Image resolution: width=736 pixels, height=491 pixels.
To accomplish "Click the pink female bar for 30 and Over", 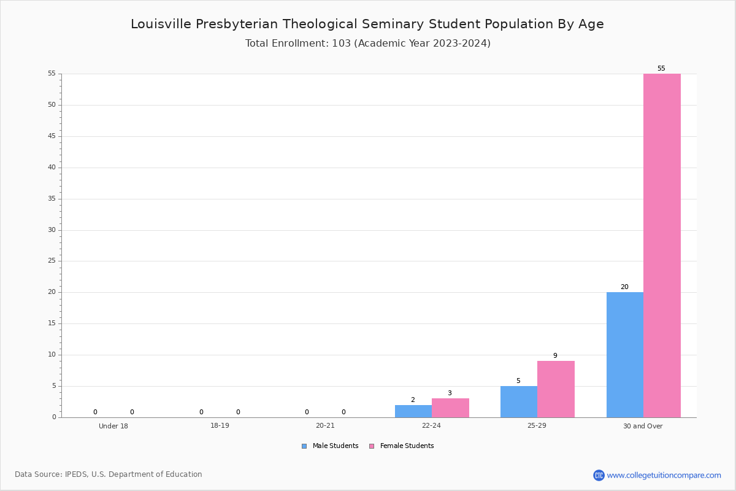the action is tap(662, 245).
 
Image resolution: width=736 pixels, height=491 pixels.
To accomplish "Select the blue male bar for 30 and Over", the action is tap(625, 355).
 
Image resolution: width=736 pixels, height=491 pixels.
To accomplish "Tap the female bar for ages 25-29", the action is tap(556, 389).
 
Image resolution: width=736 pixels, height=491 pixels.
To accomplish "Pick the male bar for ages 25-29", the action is tap(519, 402).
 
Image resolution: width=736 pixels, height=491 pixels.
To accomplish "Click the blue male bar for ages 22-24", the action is tap(413, 411).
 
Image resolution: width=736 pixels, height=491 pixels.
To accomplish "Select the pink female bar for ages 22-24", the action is tap(450, 408).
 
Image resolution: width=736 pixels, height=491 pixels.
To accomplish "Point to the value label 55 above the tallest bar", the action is tap(661, 68).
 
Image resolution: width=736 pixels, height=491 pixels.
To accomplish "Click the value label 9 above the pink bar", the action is tap(555, 355).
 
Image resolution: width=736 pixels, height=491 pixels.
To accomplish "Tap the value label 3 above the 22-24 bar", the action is tap(450, 393).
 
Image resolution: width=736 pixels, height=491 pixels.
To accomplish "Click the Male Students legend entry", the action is tap(330, 446).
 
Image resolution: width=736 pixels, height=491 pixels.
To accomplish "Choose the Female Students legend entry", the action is tap(402, 446).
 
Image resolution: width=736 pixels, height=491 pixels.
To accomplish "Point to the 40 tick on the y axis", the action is tap(52, 168).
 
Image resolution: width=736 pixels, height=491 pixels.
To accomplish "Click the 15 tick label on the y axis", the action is tap(52, 323).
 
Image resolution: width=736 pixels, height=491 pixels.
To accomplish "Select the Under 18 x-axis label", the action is tap(113, 426).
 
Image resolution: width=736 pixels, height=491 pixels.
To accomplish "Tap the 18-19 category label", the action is tap(220, 425).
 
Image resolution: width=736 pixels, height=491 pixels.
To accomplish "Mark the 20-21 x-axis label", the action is tap(325, 425).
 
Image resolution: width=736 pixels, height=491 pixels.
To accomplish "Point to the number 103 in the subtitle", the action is tap(342, 44).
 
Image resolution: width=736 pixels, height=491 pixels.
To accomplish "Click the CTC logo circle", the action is tap(599, 475).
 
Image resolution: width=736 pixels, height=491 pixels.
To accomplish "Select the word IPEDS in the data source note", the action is tap(76, 474).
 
